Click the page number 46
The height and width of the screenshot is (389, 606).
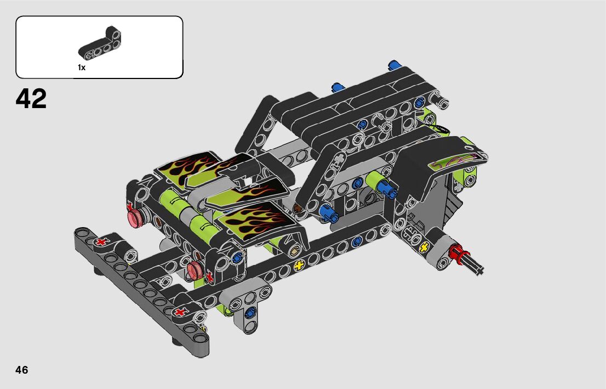tap(22, 370)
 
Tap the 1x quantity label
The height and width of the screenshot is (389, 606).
tap(82, 67)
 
